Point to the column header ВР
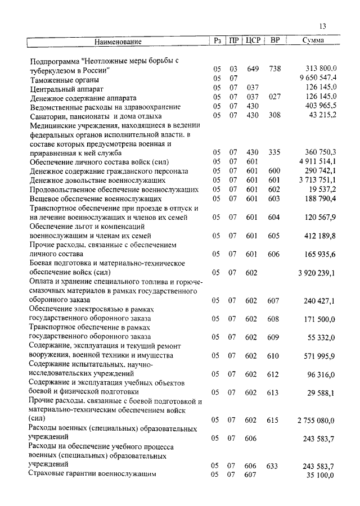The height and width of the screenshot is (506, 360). coord(275,40)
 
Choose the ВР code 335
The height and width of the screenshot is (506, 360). coord(274,152)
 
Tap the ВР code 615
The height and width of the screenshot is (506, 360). coord(274,420)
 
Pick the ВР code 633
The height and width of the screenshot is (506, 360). coord(274,466)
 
